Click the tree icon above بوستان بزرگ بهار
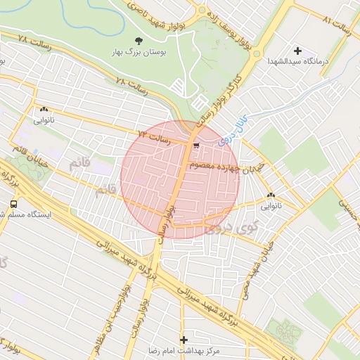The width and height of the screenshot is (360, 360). (x=138, y=41)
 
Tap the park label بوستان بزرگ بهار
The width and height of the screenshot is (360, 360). (x=138, y=52)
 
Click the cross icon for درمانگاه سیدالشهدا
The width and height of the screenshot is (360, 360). (x=297, y=51)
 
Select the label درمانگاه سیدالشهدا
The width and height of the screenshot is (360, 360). (x=297, y=61)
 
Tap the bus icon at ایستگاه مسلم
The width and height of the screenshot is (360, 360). (x=13, y=204)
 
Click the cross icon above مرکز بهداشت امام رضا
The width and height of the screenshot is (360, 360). (x=184, y=340)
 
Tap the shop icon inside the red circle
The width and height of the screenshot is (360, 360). (x=195, y=146)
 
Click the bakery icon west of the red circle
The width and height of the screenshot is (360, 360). (x=44, y=110)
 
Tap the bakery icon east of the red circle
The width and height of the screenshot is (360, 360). (x=271, y=195)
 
